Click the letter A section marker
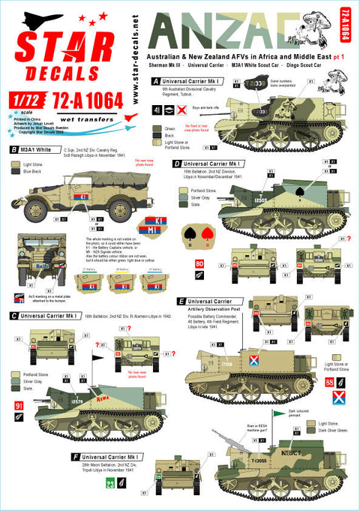[x=155, y=80]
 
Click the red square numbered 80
[x=199, y=263]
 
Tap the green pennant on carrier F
[x=301, y=411]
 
